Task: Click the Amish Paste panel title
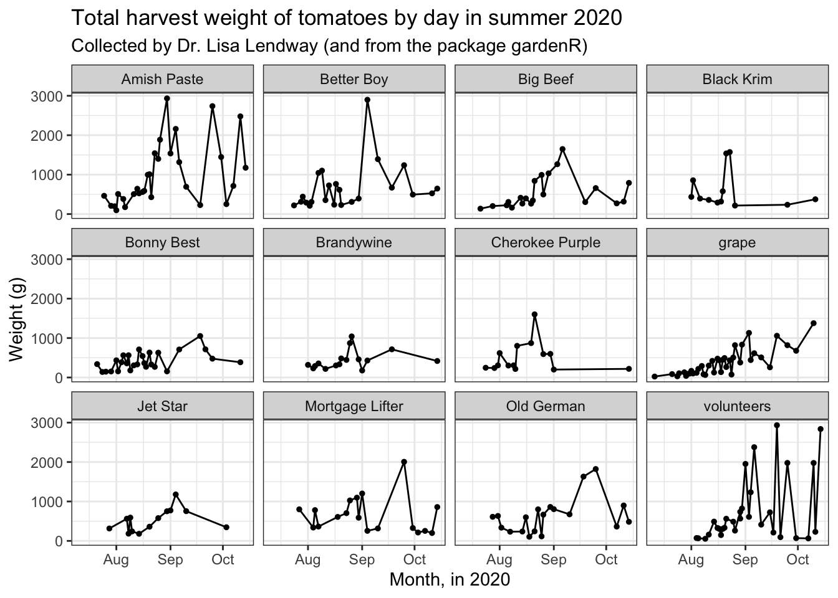162,79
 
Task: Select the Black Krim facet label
737,79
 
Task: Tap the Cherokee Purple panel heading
546,242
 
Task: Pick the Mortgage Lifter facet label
354,406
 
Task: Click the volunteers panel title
737,406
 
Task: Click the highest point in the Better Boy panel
367,100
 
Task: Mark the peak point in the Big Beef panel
562,149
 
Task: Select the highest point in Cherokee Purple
534,315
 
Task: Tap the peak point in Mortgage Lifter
404,462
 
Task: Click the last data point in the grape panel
813,323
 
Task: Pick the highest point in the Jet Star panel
176,495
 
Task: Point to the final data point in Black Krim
815,199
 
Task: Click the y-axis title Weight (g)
16,320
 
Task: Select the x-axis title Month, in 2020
450,580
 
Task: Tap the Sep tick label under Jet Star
170,560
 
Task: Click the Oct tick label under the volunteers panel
797,559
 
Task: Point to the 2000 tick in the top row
46,136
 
